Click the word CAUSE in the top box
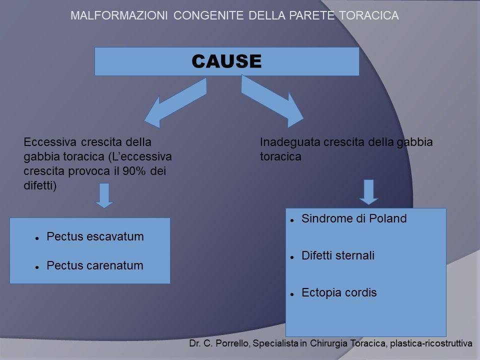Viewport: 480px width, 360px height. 226,61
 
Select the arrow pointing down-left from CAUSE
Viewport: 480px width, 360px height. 175,102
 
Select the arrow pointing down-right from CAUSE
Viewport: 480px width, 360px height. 272,101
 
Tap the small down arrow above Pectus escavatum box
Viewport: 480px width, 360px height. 104,195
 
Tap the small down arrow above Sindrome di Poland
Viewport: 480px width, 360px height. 368,192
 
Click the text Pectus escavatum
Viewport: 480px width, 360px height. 95,236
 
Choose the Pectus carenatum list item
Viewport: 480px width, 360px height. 95,265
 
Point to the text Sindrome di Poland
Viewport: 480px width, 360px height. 354,218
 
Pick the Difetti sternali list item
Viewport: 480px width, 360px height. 338,255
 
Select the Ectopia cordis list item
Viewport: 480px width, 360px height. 339,292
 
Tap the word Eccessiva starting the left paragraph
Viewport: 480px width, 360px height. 49,142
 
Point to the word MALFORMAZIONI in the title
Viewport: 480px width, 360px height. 119,15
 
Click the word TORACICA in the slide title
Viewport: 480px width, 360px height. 369,15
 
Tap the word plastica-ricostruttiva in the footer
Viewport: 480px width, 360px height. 431,343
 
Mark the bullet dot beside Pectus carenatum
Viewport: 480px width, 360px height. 37,267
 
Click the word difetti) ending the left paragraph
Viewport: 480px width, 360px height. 40,185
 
